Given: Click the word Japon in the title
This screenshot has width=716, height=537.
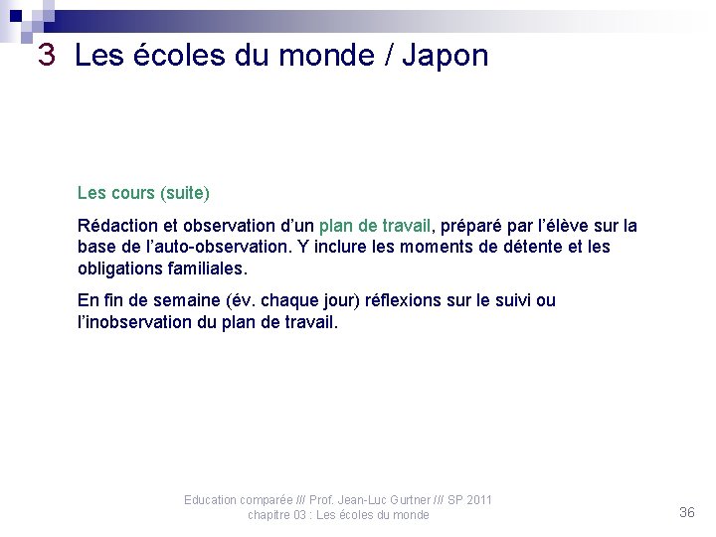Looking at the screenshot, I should click(x=446, y=57).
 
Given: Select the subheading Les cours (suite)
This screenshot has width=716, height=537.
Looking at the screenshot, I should click(x=143, y=191).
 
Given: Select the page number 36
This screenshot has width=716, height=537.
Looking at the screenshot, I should click(x=686, y=512).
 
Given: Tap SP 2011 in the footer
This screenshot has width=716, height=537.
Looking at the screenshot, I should click(x=467, y=499).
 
